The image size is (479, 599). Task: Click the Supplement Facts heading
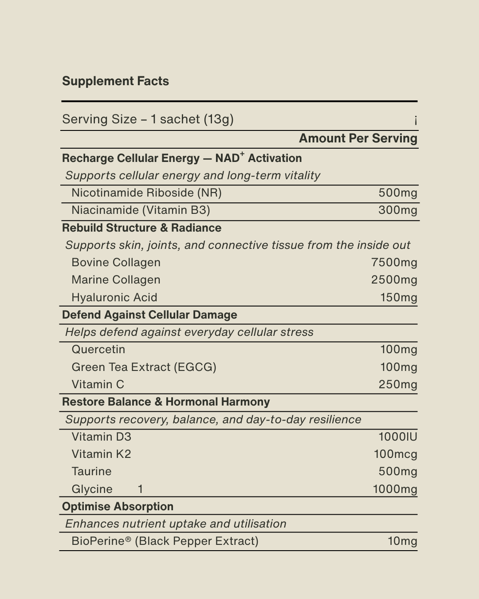click(115, 81)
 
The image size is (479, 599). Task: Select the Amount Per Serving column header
click(358, 138)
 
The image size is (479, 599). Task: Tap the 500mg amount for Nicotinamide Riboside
click(398, 193)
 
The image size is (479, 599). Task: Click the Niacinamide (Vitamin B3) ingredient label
click(141, 210)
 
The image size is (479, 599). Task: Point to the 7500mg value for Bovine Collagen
click(394, 263)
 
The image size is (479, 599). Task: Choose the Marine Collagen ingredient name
click(116, 280)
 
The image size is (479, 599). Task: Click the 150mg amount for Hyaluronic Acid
click(399, 298)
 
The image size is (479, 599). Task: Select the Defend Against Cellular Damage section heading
click(149, 315)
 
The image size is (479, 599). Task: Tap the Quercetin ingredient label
click(98, 350)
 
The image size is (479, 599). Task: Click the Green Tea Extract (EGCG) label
click(144, 367)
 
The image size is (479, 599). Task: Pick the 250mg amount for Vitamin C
click(398, 385)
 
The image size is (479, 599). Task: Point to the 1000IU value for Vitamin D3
click(398, 437)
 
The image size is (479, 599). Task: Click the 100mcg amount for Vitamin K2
click(395, 454)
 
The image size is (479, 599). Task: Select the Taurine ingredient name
click(91, 472)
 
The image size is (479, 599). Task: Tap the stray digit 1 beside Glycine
click(140, 489)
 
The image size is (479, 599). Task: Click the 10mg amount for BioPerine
click(402, 541)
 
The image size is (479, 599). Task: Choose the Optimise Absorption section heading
click(118, 507)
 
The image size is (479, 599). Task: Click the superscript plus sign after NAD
click(242, 154)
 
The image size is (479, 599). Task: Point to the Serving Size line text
click(148, 119)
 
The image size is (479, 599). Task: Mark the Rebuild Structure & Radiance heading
click(141, 228)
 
